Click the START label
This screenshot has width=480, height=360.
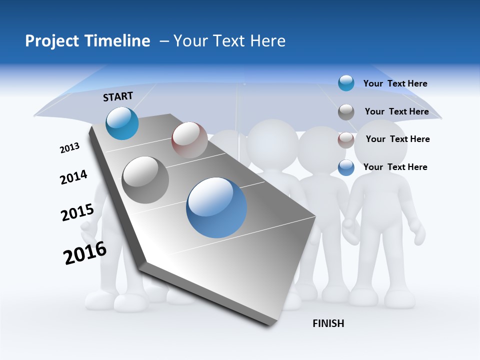(118, 96)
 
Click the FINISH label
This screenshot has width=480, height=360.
(328, 323)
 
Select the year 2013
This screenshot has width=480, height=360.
(69, 148)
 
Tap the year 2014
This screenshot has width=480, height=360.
(73, 177)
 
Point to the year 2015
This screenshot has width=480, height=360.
(77, 212)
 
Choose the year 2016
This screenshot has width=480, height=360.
(84, 253)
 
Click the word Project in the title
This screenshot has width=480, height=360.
(52, 41)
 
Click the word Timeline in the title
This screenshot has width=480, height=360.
(117, 41)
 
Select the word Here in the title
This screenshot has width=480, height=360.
(267, 41)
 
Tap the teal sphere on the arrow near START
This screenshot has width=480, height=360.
(122, 123)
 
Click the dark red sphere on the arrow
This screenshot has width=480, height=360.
(189, 140)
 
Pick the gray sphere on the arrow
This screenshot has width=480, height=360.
(145, 180)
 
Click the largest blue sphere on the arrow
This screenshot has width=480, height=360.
(216, 207)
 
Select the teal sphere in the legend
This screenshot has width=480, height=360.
(346, 83)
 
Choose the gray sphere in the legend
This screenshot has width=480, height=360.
(346, 112)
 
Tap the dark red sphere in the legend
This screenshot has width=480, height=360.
(346, 140)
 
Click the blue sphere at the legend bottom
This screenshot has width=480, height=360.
(346, 167)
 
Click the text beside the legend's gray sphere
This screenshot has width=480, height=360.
(396, 111)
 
